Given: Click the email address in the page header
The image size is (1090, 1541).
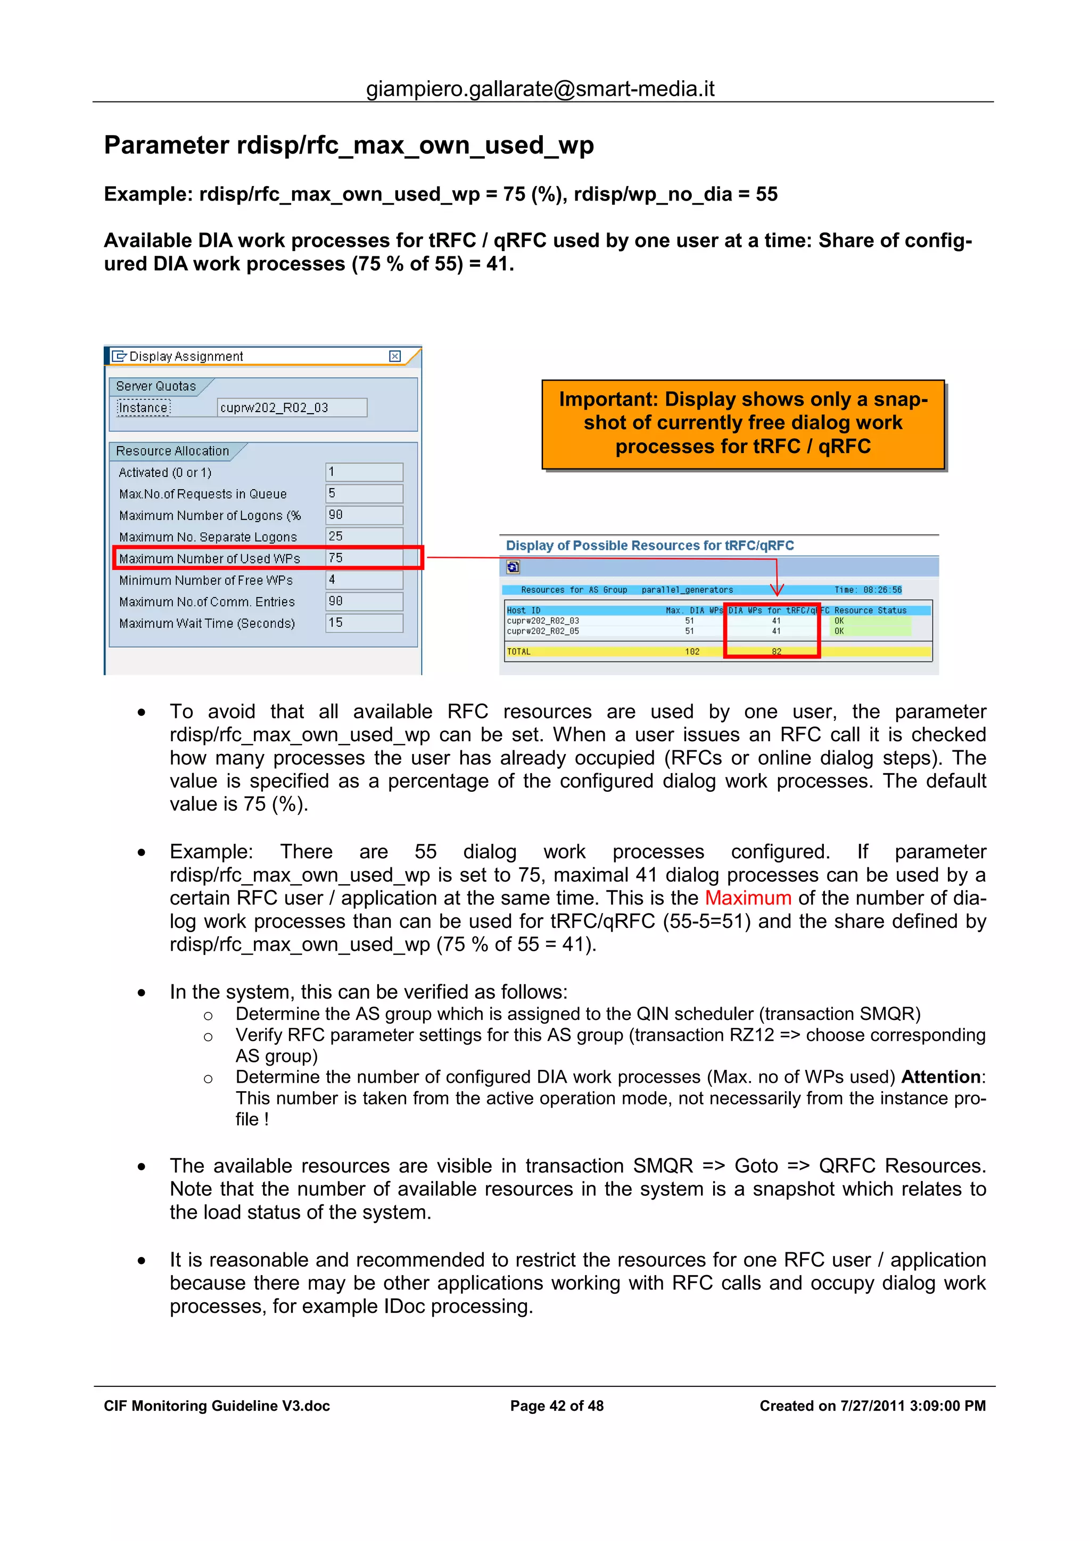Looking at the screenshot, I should click(540, 89).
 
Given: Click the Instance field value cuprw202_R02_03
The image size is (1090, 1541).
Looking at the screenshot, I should click(292, 407).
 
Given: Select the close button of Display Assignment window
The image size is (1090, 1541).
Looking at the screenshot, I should click(395, 356).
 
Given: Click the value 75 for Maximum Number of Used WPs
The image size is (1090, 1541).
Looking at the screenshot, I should click(364, 558).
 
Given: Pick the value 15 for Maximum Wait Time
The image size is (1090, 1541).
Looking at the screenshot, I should click(364, 622).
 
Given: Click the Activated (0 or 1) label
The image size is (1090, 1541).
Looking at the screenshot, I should click(165, 473).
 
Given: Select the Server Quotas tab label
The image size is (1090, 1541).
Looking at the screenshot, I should click(156, 386).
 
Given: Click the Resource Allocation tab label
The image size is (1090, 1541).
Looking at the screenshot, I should click(172, 451).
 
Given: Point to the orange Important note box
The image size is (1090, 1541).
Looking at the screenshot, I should click(743, 423).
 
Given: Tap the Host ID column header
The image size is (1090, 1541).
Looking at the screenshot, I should click(524, 610).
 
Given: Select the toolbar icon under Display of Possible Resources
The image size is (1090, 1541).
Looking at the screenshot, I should click(513, 568).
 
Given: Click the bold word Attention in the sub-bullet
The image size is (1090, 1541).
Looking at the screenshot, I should click(940, 1077).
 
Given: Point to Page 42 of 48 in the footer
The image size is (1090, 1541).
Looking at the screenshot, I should click(557, 1405).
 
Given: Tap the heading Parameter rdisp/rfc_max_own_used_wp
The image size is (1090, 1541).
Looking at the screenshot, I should click(349, 145).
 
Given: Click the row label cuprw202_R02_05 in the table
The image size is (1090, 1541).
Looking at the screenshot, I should click(543, 631).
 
